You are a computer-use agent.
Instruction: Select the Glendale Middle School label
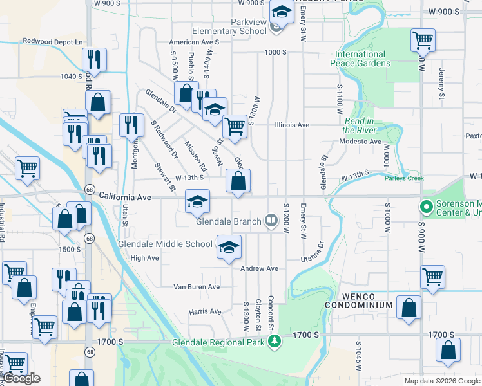tap(165, 244)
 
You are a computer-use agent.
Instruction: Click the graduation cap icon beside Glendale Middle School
tap(229, 248)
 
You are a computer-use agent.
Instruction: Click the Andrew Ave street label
tap(259, 268)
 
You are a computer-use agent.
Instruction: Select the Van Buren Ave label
tap(197, 287)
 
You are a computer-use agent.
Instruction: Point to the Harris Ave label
tap(205, 312)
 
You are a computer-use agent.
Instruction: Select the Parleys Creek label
tap(404, 178)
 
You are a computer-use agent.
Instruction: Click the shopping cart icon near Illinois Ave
tap(235, 125)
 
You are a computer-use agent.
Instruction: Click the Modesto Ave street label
tap(361, 142)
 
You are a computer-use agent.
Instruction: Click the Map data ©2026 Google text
tap(441, 381)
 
